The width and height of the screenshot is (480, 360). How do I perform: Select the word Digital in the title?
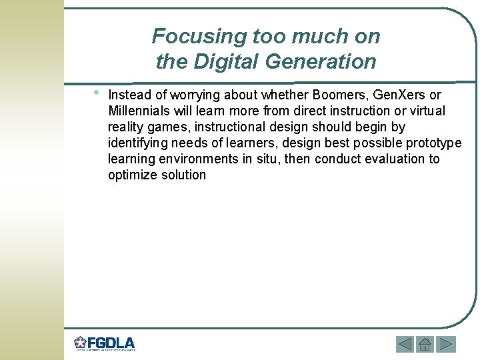pos(225,62)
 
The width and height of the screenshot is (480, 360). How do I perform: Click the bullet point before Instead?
pos(97,92)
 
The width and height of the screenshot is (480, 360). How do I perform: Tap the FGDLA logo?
pos(105,344)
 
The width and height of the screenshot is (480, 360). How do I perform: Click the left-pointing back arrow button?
pos(405,344)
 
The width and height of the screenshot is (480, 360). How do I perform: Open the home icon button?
pos(425,344)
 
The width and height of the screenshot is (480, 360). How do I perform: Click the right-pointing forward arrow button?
pos(445,344)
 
